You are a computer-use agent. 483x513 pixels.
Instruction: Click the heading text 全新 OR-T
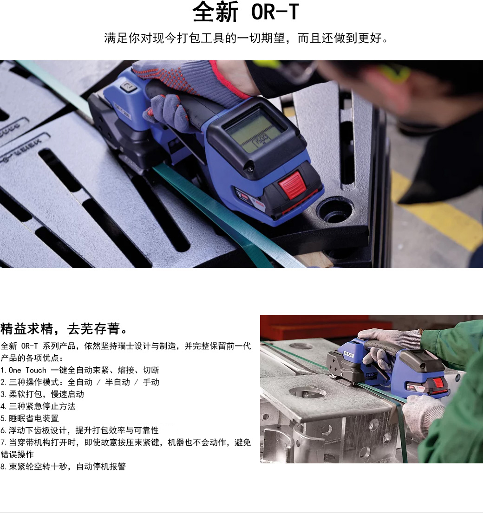(x=246, y=12)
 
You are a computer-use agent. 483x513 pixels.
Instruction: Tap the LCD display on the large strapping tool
(x=255, y=131)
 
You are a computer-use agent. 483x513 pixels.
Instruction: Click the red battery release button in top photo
(x=292, y=185)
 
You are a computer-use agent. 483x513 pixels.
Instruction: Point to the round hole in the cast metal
(x=335, y=209)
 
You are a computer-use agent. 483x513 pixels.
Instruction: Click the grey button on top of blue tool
(x=129, y=86)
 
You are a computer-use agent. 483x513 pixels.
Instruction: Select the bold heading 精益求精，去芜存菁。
(x=64, y=328)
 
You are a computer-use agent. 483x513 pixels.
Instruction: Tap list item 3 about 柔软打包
(x=42, y=394)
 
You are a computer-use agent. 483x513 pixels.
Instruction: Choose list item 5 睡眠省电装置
(x=30, y=418)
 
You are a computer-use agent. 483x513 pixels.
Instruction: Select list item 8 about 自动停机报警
(x=63, y=466)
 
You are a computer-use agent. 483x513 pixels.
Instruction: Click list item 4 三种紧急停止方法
(x=38, y=406)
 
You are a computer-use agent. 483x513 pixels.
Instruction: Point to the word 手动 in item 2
(x=151, y=382)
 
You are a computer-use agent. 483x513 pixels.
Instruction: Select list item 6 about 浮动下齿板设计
(x=79, y=430)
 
